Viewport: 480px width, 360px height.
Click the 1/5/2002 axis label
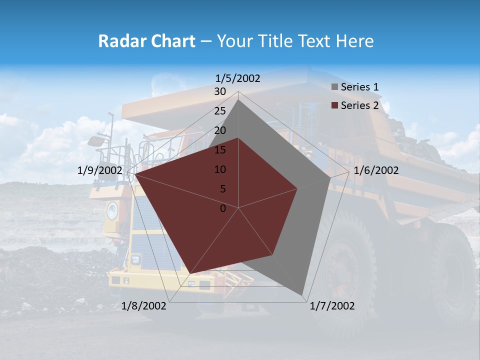(x=238, y=78)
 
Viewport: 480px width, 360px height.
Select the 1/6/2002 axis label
(x=376, y=170)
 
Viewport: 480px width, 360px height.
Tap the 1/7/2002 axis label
(x=332, y=306)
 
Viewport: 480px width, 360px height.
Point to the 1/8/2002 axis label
(x=144, y=306)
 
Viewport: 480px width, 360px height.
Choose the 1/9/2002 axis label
(x=100, y=170)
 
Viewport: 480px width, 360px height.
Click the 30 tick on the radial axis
(x=220, y=91)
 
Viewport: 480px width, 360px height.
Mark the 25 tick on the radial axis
(x=220, y=111)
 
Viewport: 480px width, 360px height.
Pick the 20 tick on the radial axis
(x=220, y=130)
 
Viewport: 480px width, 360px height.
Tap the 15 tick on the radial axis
(x=220, y=150)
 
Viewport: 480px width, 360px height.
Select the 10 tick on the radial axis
(x=220, y=169)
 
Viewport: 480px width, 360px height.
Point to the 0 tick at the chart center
(x=223, y=208)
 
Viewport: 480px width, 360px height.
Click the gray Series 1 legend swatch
(x=335, y=87)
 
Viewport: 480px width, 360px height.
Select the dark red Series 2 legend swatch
(x=335, y=105)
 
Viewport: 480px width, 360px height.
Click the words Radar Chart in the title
(x=146, y=41)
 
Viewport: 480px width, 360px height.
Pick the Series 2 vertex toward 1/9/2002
(x=135, y=174)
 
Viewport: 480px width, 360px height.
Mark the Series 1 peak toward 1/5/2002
(x=238, y=99)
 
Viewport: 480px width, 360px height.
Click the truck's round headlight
(x=112, y=211)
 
